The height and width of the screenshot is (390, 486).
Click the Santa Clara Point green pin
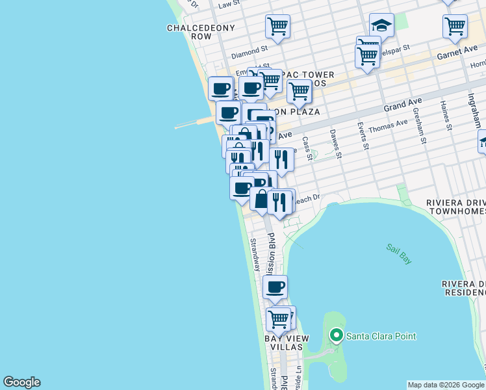pos(336,336)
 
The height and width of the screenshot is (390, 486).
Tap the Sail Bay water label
pos(399,253)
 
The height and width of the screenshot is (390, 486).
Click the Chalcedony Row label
pos(190,32)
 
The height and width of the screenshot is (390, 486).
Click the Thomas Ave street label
pos(388,128)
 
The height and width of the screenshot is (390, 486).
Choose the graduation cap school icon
pos(381,26)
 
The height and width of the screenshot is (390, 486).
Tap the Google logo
pos(21,382)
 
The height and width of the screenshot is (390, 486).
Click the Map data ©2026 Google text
pos(446,385)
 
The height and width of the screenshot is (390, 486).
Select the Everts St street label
pos(363,135)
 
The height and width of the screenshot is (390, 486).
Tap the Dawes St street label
pos(335,144)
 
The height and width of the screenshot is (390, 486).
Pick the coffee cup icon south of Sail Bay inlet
pos(275,287)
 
